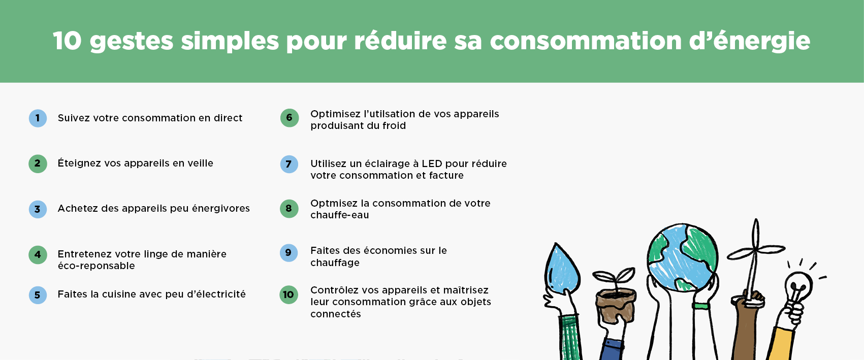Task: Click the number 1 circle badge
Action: [x=38, y=118]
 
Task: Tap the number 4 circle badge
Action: [x=38, y=255]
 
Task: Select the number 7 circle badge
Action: [x=289, y=164]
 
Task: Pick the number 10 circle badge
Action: [x=289, y=295]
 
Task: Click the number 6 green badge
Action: [x=290, y=118]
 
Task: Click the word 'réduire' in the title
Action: [x=400, y=41]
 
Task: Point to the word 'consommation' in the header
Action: [x=585, y=41]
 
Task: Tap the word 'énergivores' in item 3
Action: [x=220, y=209]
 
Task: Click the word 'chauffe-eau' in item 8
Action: [x=339, y=215]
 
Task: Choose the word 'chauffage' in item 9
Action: [x=335, y=263]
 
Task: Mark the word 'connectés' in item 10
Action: [x=336, y=314]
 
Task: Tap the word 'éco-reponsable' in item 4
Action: [x=96, y=266]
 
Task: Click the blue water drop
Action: [x=562, y=268]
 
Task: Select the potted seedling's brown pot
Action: [x=616, y=305]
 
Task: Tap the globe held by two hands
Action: [x=682, y=257]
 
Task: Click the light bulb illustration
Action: [x=798, y=288]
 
